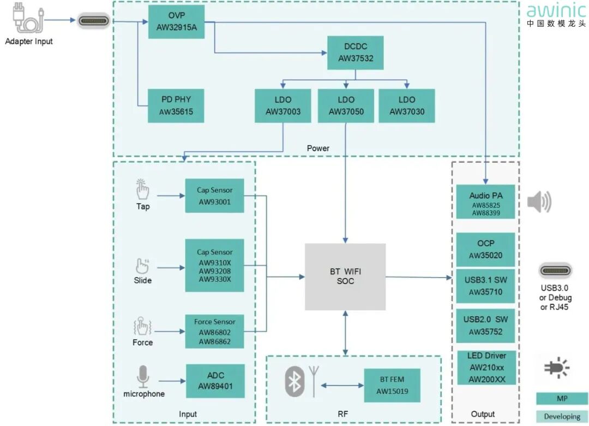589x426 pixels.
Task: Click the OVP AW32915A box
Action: (176, 22)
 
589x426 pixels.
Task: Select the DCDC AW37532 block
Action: (355, 52)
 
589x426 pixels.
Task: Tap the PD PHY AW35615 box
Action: (176, 106)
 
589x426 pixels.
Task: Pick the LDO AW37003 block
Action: (283, 106)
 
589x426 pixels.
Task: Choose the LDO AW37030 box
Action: (407, 106)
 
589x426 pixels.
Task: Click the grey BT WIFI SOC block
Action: (345, 276)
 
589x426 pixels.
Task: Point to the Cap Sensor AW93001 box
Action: (214, 196)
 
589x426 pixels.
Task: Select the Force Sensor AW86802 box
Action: (214, 332)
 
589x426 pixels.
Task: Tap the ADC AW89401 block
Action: (215, 381)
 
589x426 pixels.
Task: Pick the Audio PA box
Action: (485, 202)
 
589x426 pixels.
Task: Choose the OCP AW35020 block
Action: (485, 249)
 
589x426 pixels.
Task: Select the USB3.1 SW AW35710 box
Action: (485, 286)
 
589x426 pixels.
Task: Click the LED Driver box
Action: (486, 368)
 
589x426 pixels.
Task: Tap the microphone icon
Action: (143, 377)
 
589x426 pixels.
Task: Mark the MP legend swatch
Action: (562, 399)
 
